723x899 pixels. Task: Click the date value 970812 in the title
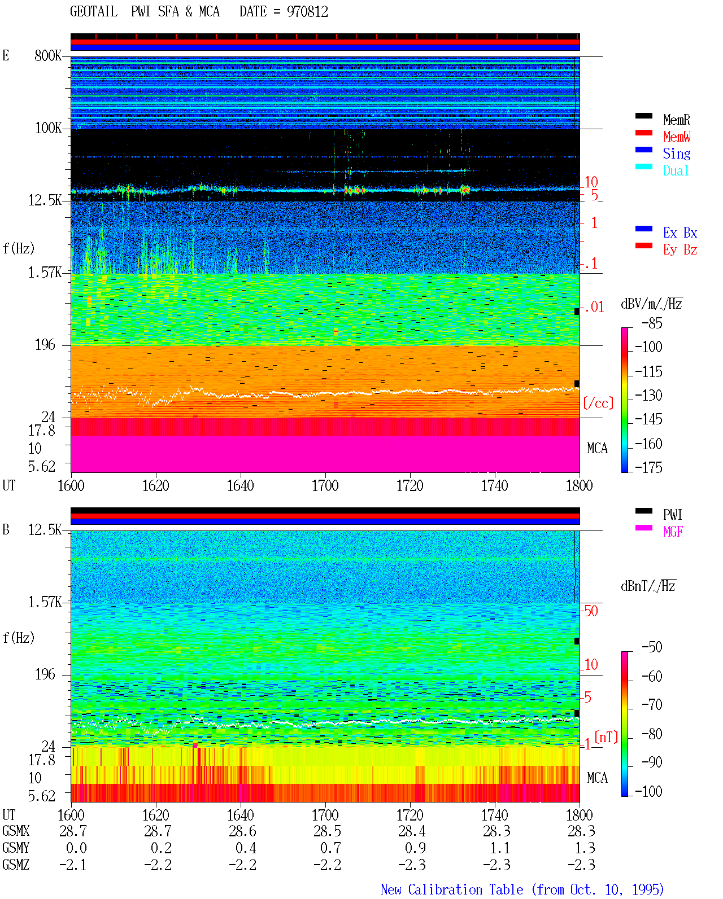(307, 11)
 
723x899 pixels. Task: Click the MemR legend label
(677, 120)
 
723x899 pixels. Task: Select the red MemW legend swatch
(643, 133)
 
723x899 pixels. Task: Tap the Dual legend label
(676, 170)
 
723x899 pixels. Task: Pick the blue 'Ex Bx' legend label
(680, 233)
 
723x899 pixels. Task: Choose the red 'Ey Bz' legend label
(680, 250)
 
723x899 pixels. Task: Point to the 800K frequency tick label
(48, 55)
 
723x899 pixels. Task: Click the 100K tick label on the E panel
(48, 128)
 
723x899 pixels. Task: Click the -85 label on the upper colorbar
(652, 323)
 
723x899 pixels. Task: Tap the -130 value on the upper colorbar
(648, 395)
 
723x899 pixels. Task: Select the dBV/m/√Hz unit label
(651, 304)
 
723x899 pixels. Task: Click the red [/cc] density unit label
(598, 403)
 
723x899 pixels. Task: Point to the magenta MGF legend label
(673, 532)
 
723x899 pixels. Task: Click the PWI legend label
(672, 514)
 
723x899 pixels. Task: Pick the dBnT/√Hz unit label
(648, 586)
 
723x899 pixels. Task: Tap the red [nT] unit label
(606, 737)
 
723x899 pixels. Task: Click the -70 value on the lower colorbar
(652, 704)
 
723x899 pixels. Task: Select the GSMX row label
(16, 831)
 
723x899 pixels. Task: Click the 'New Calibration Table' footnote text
(452, 889)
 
